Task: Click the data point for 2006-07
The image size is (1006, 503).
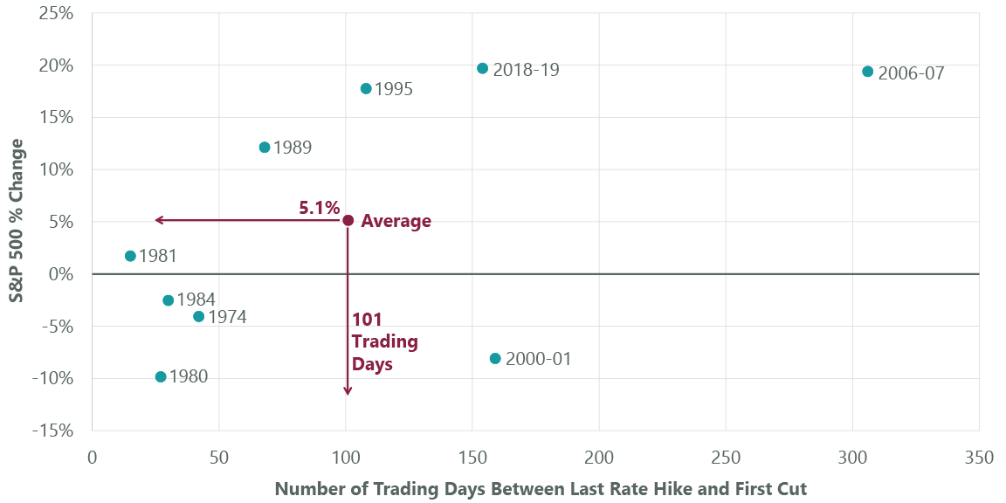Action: (867, 72)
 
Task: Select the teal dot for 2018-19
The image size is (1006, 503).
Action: (482, 68)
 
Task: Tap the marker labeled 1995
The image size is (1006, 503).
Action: (366, 88)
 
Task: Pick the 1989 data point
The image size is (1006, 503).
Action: (265, 148)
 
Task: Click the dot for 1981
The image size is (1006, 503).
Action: (130, 256)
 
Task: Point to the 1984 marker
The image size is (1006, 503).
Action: (168, 300)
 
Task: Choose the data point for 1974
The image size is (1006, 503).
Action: (198, 316)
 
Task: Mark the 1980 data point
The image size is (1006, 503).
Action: (161, 376)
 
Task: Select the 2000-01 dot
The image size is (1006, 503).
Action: (495, 358)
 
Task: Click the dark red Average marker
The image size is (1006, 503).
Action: (348, 221)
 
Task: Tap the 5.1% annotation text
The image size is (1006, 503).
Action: (319, 208)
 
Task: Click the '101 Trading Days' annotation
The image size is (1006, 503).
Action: (384, 341)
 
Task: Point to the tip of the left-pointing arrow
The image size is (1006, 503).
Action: (156, 221)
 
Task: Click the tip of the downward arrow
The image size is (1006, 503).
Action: (348, 394)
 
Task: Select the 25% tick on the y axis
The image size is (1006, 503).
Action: (54, 14)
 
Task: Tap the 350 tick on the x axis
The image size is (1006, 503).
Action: (978, 457)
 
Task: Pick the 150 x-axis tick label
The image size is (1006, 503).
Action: (472, 457)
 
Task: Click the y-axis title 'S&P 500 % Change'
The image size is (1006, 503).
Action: (17, 221)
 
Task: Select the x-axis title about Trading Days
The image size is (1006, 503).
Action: (541, 489)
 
